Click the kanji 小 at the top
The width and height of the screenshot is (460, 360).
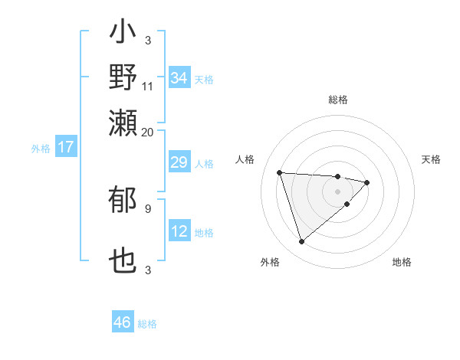coord(123,34)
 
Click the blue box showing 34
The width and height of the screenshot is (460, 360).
coord(179,78)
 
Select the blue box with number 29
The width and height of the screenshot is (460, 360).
coord(179,162)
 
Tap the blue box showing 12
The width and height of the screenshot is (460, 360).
coord(179,231)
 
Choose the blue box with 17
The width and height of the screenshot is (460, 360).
coord(66,147)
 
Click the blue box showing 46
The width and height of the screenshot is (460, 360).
coord(123,322)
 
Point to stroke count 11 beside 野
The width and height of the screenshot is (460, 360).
coord(148,86)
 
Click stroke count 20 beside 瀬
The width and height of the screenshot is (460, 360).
coord(148,132)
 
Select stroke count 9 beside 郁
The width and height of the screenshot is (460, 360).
coord(148,208)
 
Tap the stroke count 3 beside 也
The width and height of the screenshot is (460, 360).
coord(148,270)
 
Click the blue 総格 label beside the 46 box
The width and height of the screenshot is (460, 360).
coord(147,324)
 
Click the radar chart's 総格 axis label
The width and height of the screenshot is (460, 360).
coord(338,100)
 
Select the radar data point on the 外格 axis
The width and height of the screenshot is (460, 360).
coord(301,242)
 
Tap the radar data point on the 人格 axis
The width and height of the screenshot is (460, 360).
coord(280,172)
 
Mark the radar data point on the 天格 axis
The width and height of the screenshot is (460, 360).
coord(367,182)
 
